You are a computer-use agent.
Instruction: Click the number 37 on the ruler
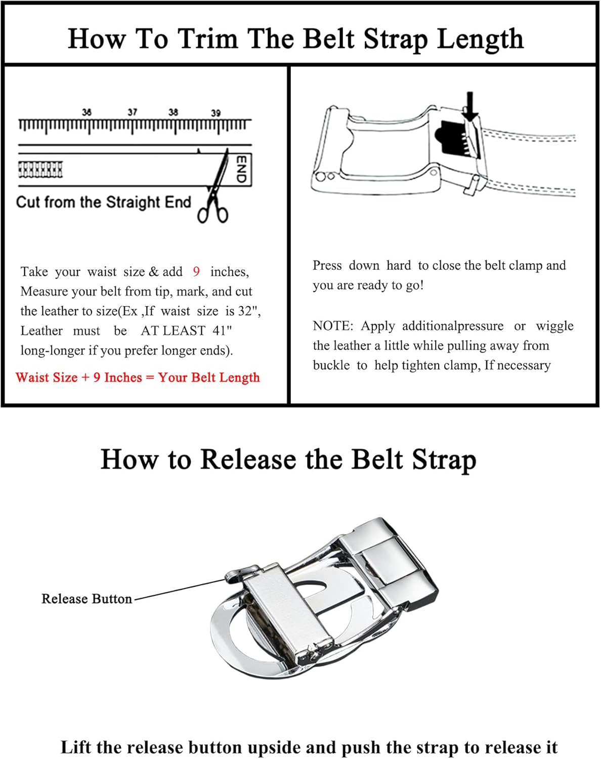click(132, 112)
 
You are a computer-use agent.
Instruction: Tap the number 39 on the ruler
click(216, 113)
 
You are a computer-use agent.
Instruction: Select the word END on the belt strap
click(241, 169)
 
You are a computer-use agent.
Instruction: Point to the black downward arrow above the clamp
click(470, 105)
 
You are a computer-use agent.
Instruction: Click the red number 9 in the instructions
click(196, 272)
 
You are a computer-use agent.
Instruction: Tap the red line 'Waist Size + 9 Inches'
click(137, 377)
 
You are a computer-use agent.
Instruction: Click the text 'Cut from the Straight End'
click(103, 202)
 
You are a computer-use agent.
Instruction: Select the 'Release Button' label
click(87, 599)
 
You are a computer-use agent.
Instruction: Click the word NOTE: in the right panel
click(333, 326)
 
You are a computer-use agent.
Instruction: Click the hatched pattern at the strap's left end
click(40, 170)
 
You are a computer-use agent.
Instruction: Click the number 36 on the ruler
click(87, 112)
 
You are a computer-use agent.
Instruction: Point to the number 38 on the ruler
click(173, 112)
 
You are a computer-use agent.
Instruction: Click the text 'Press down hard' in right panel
click(361, 266)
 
